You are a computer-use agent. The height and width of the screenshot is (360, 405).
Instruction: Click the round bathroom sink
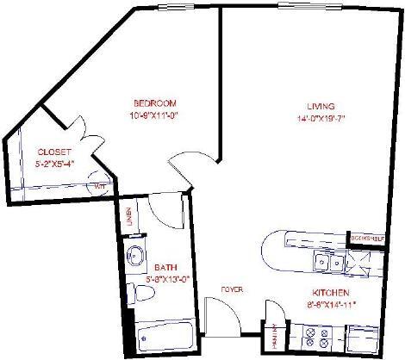[136, 256]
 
